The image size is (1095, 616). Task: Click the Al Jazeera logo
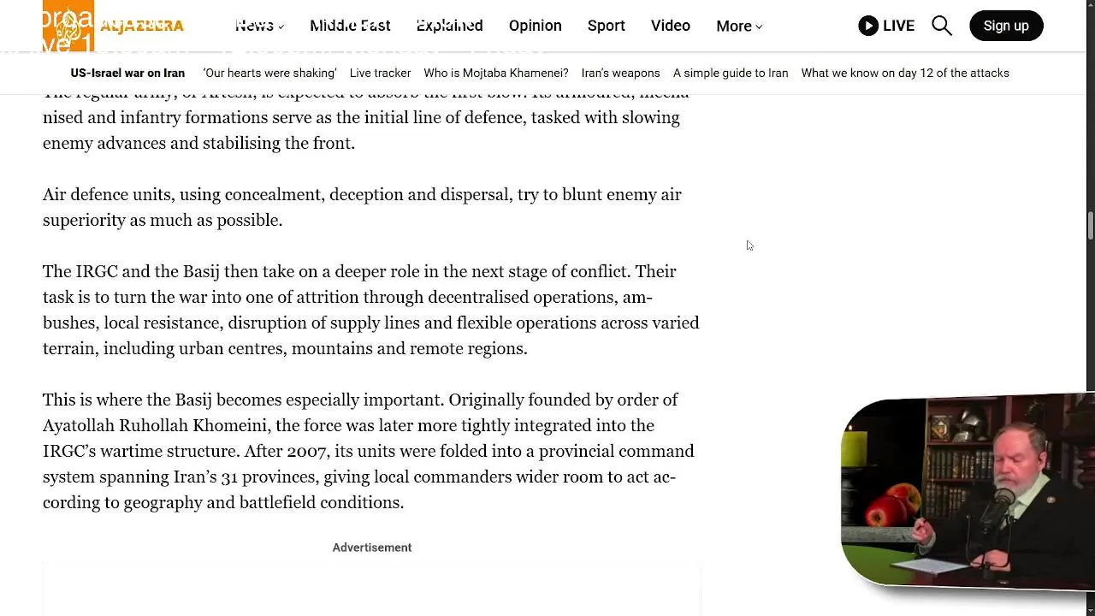click(x=113, y=26)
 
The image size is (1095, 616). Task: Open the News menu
click(x=259, y=26)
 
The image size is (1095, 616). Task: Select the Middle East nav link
click(x=350, y=26)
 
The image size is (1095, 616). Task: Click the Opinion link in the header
click(x=535, y=26)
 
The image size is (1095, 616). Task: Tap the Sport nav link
click(x=606, y=26)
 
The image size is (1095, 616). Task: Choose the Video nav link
click(x=670, y=26)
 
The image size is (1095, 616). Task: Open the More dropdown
click(x=739, y=26)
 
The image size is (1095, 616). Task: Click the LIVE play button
click(x=886, y=26)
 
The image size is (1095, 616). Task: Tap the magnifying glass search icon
click(x=942, y=26)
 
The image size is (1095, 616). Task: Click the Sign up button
click(x=1005, y=26)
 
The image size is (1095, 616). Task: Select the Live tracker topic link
click(x=380, y=73)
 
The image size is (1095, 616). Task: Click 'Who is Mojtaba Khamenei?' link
click(x=495, y=73)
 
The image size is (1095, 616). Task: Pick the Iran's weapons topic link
click(x=620, y=73)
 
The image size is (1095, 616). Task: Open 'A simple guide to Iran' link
click(x=731, y=73)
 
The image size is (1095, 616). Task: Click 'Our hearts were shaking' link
click(x=269, y=73)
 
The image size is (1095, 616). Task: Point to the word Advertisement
click(x=371, y=548)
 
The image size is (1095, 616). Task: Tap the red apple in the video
click(x=884, y=506)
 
